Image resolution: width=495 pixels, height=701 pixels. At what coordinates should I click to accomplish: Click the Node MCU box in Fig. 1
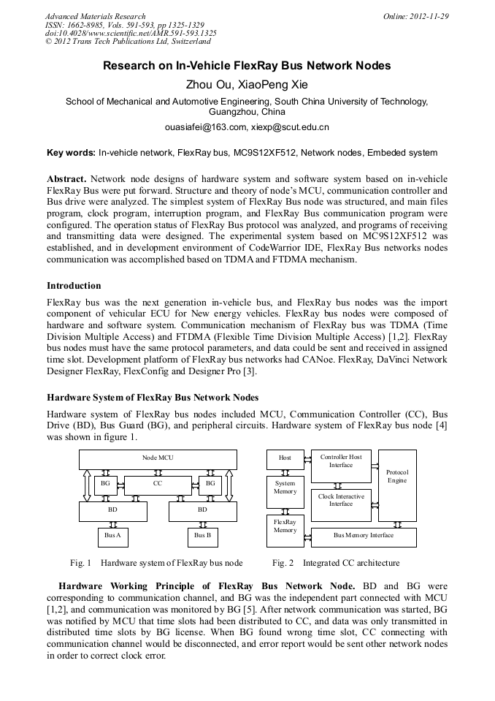158,459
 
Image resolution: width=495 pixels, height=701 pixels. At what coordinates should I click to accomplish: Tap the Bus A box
112,537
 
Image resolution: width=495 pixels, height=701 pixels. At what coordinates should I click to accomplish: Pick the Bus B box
202,537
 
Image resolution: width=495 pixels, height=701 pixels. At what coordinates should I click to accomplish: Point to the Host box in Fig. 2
285,459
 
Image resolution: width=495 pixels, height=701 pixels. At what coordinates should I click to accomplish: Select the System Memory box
285,488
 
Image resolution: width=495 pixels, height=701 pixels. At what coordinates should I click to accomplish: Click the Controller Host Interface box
341,462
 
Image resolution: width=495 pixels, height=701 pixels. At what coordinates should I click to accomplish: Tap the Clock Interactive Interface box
341,501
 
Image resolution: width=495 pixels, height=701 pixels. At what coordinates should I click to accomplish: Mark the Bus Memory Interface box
364,537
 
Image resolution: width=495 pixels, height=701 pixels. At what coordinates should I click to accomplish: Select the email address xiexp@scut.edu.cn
290,127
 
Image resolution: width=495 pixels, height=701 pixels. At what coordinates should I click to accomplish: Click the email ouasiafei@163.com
205,127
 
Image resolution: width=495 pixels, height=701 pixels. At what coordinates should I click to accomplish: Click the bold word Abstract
66,179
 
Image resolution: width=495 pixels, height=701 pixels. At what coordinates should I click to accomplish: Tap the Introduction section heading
74,286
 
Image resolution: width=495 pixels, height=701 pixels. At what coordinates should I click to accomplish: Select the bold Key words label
71,153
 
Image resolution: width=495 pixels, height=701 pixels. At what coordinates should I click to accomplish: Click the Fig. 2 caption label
283,564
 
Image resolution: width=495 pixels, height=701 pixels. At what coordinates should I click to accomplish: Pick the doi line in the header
131,33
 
